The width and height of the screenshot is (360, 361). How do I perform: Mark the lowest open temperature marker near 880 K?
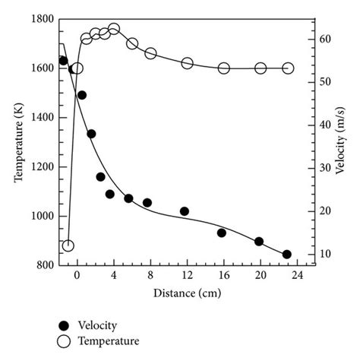[68, 245]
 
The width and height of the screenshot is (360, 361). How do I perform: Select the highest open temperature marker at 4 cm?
[114, 29]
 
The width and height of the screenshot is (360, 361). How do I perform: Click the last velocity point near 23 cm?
[286, 255]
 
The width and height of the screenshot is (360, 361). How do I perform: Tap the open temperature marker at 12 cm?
[187, 63]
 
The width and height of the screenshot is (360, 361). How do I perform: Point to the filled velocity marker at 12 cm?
[185, 211]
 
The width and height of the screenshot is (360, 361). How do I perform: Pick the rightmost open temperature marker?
[288, 68]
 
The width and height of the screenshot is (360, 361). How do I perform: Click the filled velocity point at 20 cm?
[259, 242]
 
